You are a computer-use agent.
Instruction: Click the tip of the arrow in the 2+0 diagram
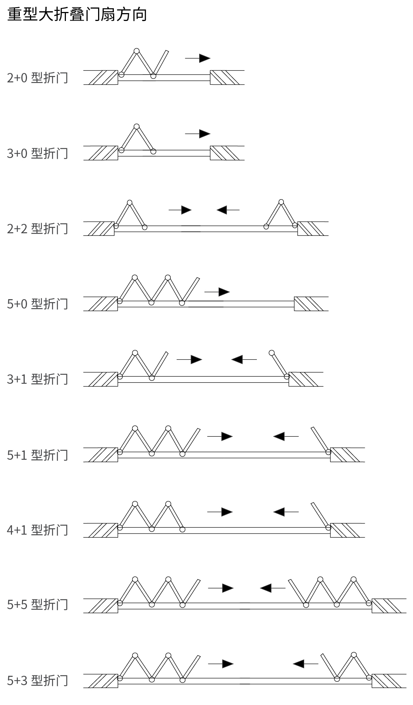[x=210, y=58]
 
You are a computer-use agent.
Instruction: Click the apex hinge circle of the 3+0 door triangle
[x=137, y=126]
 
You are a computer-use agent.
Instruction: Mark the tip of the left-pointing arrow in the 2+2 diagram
[x=217, y=210]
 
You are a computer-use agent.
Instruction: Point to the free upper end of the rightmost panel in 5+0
[x=198, y=278]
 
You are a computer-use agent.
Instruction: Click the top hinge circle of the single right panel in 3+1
[x=272, y=353]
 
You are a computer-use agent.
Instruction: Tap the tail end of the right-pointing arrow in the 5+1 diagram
[x=207, y=436]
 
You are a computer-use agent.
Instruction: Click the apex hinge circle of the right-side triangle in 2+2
[x=281, y=202]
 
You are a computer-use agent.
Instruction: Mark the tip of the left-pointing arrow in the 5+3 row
[x=293, y=663]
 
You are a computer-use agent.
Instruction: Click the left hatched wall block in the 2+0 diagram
[x=101, y=78]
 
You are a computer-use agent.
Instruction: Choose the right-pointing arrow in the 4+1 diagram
[x=220, y=511]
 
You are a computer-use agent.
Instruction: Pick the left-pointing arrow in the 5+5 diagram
[x=273, y=588]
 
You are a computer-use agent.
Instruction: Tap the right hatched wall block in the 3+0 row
[x=227, y=153]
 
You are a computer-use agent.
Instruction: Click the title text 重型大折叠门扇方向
[x=77, y=14]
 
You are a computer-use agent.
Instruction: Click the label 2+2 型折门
[x=37, y=228]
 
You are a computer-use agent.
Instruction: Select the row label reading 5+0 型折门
[x=37, y=303]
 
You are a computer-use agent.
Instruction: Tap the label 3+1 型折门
[x=37, y=379]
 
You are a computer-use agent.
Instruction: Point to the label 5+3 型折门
[x=37, y=680]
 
